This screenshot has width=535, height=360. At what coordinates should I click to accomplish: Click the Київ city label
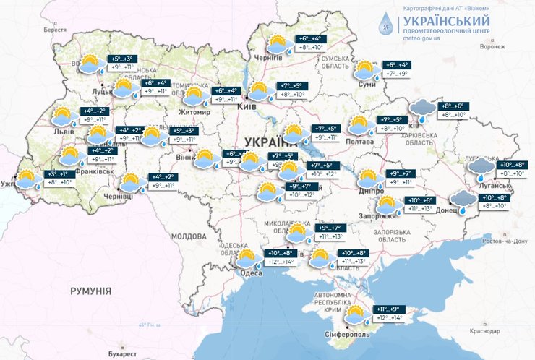246,106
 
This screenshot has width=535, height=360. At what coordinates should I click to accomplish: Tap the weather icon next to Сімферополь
355,316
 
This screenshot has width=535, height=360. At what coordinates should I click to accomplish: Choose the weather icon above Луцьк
90,64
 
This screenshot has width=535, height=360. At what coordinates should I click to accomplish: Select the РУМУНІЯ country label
90,290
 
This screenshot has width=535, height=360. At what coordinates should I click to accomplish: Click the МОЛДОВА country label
189,236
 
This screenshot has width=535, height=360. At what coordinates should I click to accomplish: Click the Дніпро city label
369,191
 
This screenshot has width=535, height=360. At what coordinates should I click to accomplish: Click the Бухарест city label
119,354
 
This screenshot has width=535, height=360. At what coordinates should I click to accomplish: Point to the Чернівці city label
118,196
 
